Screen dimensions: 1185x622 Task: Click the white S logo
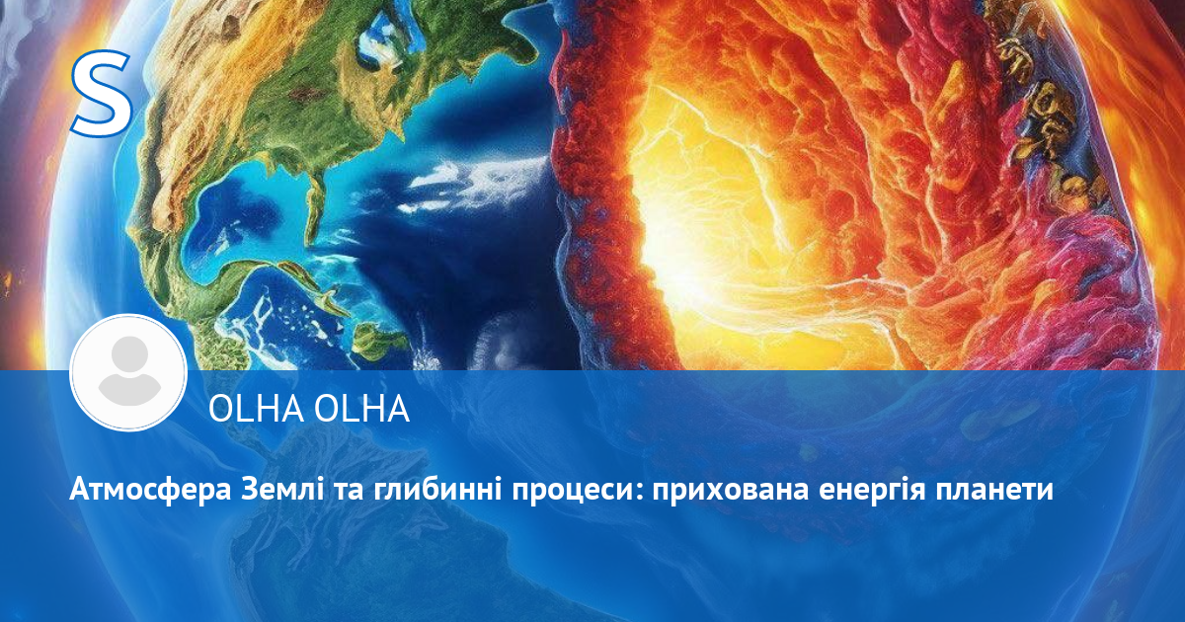coord(102,93)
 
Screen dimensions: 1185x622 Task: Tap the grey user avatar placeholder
coord(128,373)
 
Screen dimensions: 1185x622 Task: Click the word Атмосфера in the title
coord(150,491)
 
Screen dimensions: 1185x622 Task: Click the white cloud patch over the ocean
coord(476,180)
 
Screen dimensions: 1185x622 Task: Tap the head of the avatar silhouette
coord(129,354)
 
